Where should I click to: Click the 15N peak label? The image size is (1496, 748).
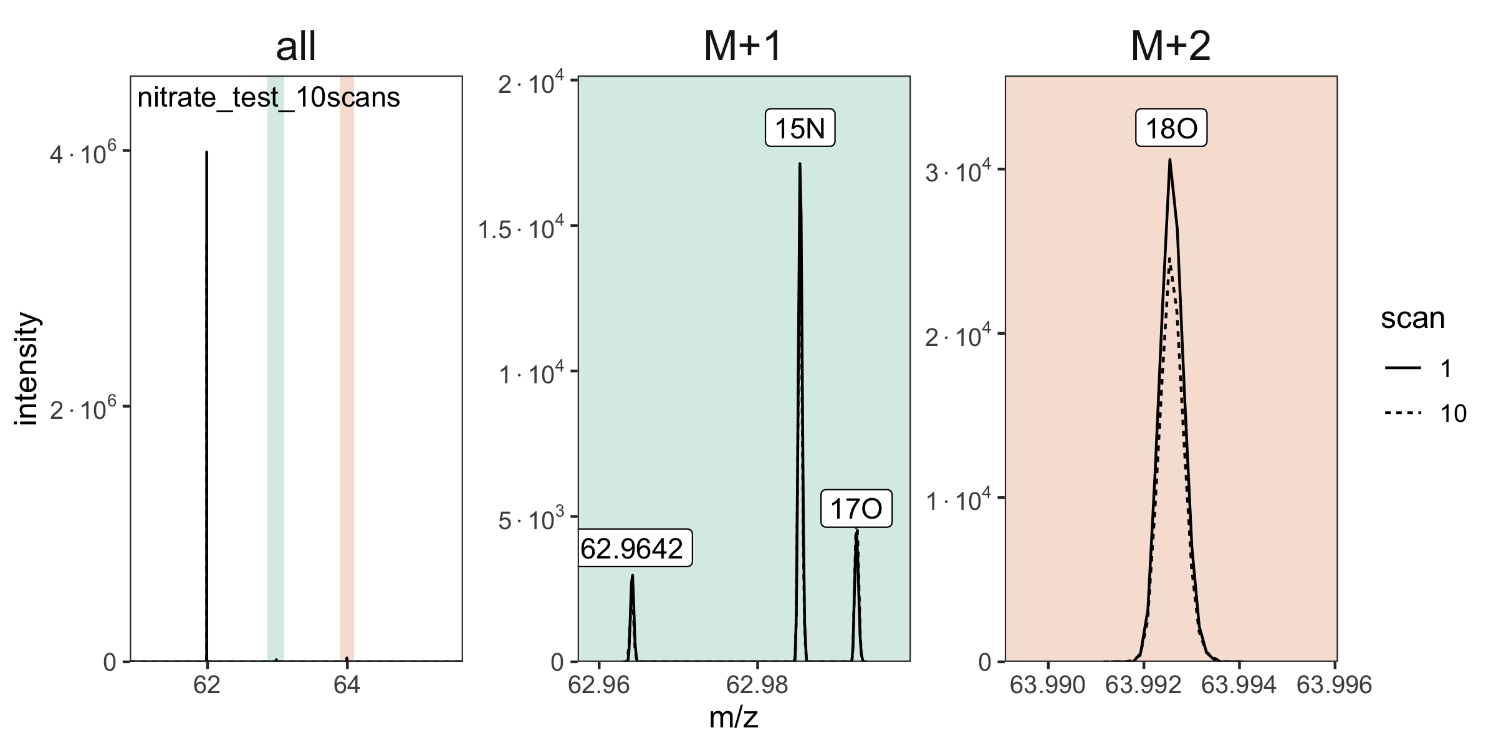coord(800,129)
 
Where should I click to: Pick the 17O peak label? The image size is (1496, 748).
coord(856,509)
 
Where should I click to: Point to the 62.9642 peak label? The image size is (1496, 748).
coord(632,549)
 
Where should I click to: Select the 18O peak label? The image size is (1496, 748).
coord(1171,129)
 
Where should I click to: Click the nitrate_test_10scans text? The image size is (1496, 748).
coord(269,98)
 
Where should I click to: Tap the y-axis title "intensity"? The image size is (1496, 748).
coord(27,369)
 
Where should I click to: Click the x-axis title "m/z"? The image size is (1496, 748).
coord(734,718)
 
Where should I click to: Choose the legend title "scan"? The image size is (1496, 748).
coord(1412,319)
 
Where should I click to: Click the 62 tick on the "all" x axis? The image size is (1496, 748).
coord(206,685)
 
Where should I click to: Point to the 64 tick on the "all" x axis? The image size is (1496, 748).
coord(347,685)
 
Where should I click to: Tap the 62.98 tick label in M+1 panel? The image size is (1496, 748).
coord(757,685)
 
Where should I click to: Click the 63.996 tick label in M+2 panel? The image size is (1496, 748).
coord(1335,685)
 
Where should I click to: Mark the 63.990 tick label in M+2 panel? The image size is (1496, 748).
coord(1048,685)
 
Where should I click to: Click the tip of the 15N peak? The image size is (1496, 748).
coord(800,164)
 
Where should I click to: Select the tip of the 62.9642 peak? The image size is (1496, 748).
coord(632,575)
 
